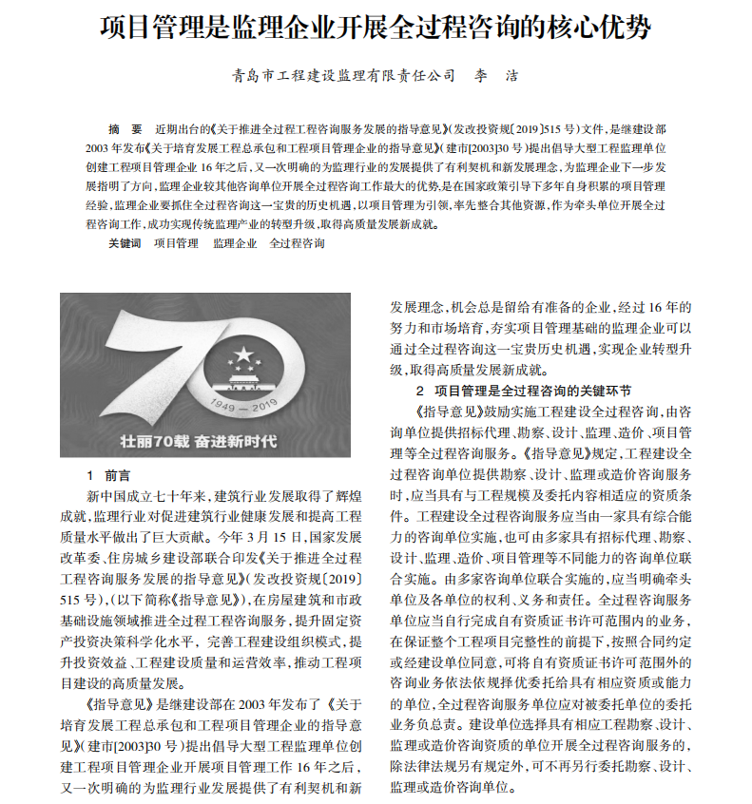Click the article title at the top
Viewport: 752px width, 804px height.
pyautogui.click(x=376, y=27)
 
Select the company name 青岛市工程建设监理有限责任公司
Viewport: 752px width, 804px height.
pyautogui.click(x=343, y=75)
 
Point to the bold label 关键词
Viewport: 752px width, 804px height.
pyautogui.click(x=125, y=243)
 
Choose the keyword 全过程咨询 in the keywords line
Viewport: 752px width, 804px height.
pyautogui.click(x=297, y=243)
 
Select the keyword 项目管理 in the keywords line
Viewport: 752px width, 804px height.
pyautogui.click(x=177, y=243)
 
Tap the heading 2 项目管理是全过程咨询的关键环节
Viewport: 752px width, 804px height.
pyautogui.click(x=523, y=391)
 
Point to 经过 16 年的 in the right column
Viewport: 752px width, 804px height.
pyautogui.click(x=655, y=307)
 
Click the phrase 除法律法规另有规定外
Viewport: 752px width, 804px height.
pyautogui.click(x=460, y=766)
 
